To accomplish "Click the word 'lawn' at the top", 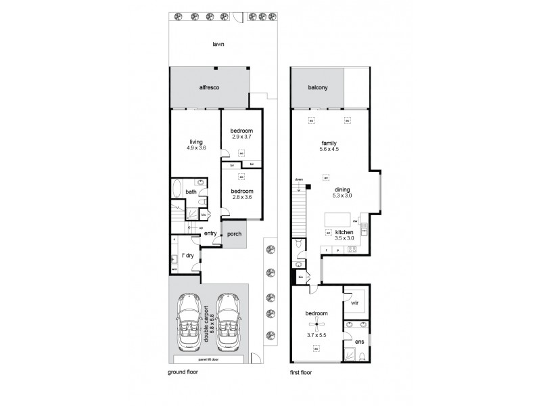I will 218,44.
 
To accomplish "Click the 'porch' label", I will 234,235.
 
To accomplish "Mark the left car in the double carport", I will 189,320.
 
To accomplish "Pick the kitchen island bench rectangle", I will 340,220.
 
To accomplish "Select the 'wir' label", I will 356,302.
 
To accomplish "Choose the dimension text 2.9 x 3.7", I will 241,137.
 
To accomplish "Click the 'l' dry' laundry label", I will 187,255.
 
